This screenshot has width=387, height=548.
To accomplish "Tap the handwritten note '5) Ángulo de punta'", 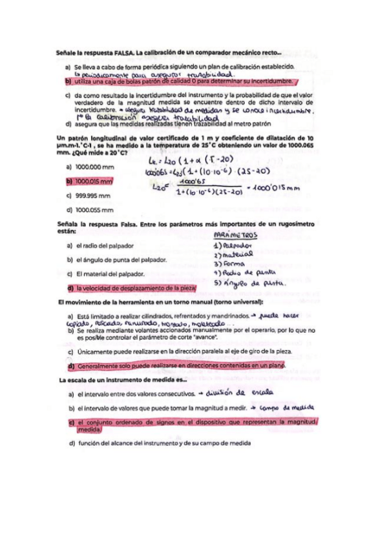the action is tap(249, 282).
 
